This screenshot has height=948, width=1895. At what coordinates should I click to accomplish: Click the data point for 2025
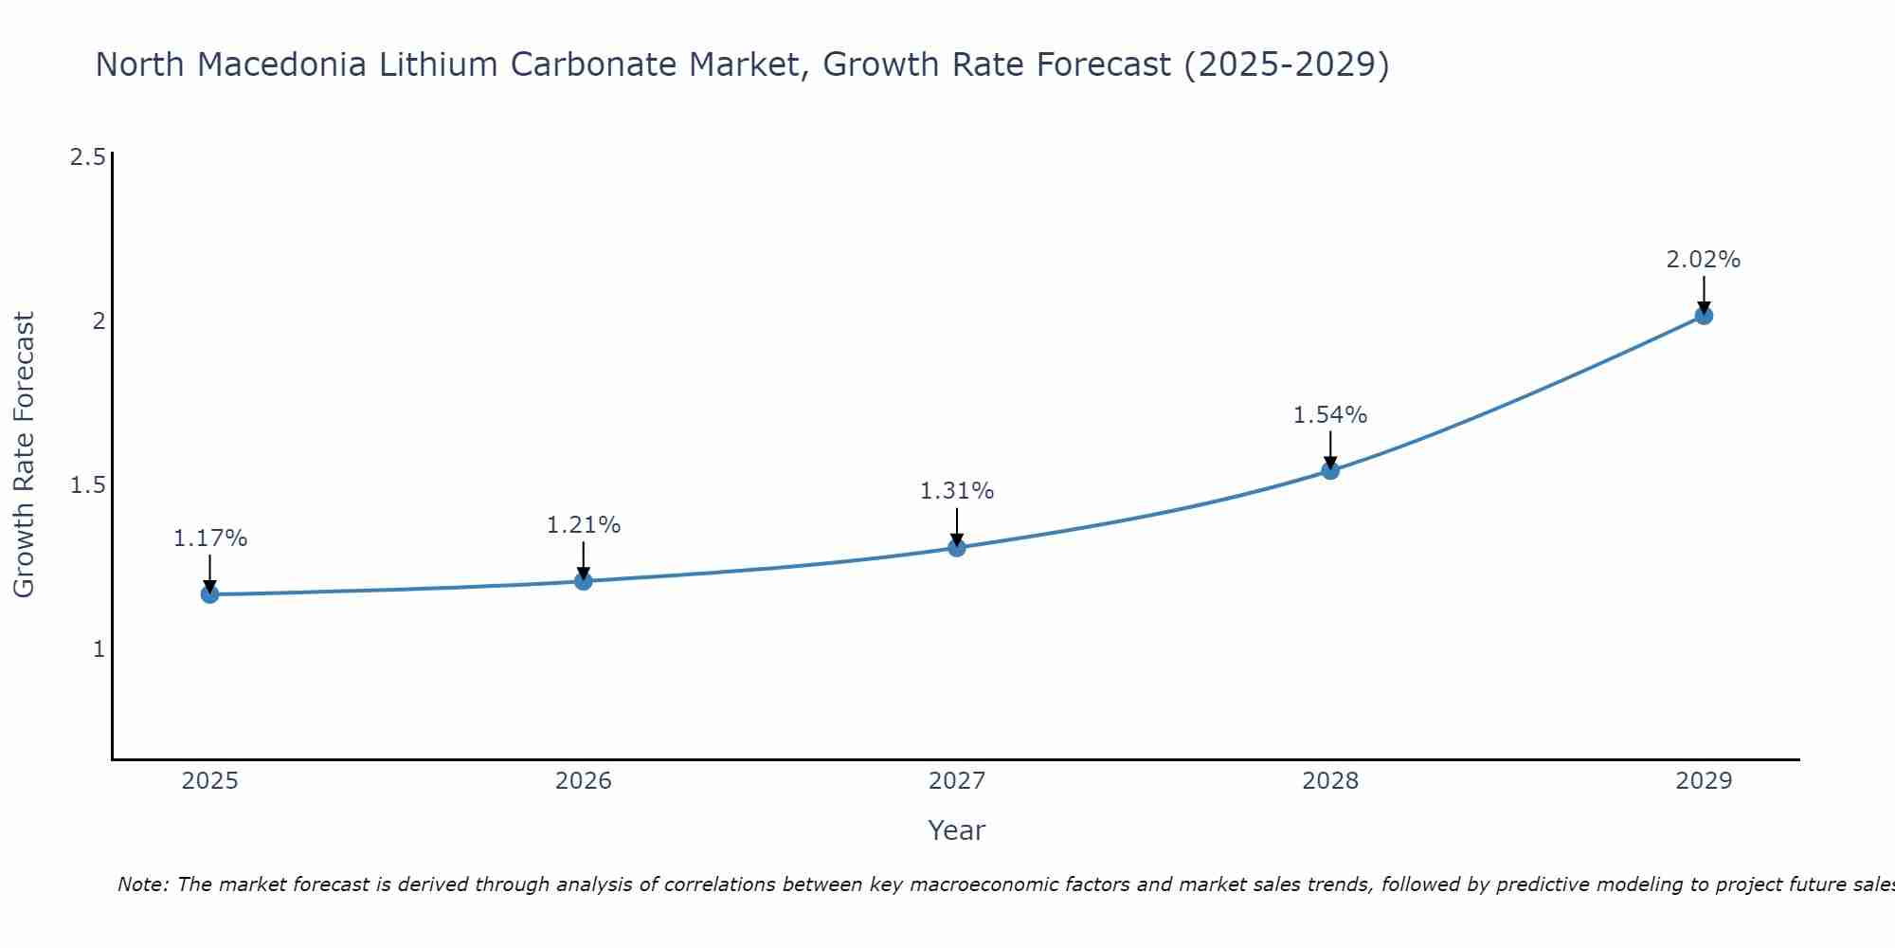209,594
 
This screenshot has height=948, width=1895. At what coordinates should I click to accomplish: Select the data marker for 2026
583,581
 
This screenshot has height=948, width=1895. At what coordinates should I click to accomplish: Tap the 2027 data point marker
956,547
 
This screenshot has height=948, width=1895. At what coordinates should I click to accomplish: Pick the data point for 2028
1329,470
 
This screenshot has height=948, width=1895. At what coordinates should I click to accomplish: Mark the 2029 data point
1703,316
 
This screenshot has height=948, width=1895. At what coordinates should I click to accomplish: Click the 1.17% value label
209,538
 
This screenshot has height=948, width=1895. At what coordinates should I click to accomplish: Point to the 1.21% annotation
583,525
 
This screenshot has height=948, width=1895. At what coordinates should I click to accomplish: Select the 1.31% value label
956,491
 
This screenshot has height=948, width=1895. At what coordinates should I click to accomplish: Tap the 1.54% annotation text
1329,415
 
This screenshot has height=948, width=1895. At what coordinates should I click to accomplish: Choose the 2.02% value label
1703,260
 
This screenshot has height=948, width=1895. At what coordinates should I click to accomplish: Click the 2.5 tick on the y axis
87,157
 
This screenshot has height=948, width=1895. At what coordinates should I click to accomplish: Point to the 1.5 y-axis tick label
87,485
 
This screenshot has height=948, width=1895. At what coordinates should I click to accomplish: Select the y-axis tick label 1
98,649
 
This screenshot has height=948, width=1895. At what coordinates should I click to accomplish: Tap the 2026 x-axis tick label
583,781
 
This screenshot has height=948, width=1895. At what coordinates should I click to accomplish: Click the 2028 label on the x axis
1329,781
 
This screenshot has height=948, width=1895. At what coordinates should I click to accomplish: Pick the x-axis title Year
956,830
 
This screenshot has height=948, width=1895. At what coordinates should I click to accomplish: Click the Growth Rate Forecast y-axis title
24,454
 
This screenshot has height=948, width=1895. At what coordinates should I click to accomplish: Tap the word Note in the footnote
141,884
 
